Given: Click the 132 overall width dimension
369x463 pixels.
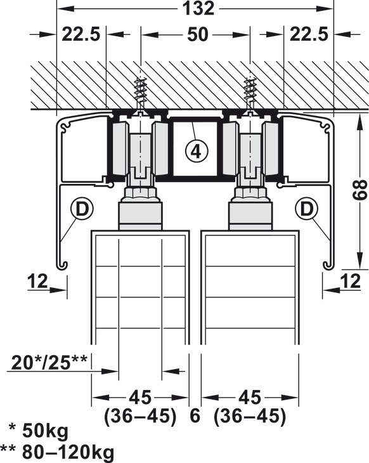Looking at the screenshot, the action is pyautogui.click(x=198, y=8).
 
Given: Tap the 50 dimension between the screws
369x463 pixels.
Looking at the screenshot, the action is pyautogui.click(x=197, y=34).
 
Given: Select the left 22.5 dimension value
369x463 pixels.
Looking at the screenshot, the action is pyautogui.click(x=81, y=34).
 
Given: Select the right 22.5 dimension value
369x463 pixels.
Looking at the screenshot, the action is pyautogui.click(x=309, y=34).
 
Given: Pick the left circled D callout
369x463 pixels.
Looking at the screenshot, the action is pyautogui.click(x=82, y=209).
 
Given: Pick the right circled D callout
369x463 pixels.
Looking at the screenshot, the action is pyautogui.click(x=307, y=209).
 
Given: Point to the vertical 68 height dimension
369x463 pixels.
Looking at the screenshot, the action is pyautogui.click(x=360, y=191).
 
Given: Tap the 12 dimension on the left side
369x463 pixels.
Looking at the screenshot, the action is pyautogui.click(x=37, y=281).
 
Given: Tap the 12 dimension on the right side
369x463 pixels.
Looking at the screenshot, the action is pyautogui.click(x=351, y=281).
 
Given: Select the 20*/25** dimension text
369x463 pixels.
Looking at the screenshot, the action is pyautogui.click(x=49, y=362).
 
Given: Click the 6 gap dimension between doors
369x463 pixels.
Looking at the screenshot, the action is pyautogui.click(x=195, y=416).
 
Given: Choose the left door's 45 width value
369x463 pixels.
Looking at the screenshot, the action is pyautogui.click(x=140, y=398).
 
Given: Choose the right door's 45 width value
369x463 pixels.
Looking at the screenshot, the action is pyautogui.click(x=250, y=398).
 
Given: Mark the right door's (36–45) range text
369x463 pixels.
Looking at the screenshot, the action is pyautogui.click(x=250, y=416).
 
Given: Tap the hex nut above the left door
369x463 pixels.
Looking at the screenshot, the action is pyautogui.click(x=140, y=193).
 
